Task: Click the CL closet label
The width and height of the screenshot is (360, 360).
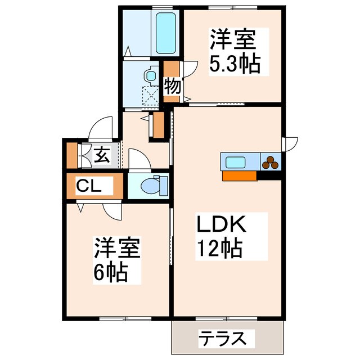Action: point(89,186)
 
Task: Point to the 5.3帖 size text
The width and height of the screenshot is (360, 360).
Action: point(235,64)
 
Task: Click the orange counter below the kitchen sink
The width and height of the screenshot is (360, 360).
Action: point(240,175)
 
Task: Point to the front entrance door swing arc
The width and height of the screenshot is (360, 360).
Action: point(102,127)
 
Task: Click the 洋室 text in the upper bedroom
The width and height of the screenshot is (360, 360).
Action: point(233,40)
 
